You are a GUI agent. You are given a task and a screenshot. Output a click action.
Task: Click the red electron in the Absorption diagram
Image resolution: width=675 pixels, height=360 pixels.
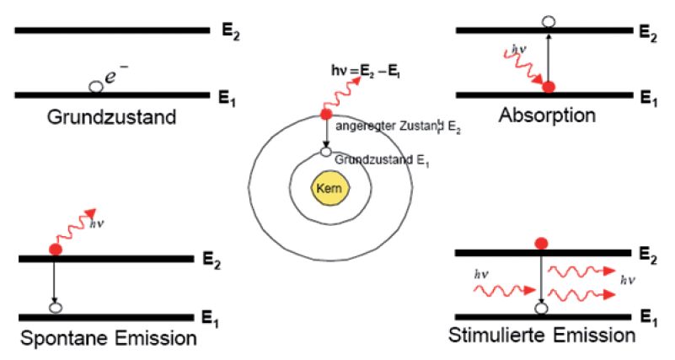coord(549,87)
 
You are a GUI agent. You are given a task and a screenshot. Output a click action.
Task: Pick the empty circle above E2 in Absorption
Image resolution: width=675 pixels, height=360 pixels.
coord(549,21)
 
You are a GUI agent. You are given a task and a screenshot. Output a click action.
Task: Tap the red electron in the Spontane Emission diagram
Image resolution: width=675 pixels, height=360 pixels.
coord(56,250)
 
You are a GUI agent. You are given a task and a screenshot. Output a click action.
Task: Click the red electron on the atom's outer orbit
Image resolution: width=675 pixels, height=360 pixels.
coord(326,115)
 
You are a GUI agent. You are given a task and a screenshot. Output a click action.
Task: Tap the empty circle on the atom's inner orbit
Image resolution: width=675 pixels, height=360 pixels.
coord(325,153)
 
